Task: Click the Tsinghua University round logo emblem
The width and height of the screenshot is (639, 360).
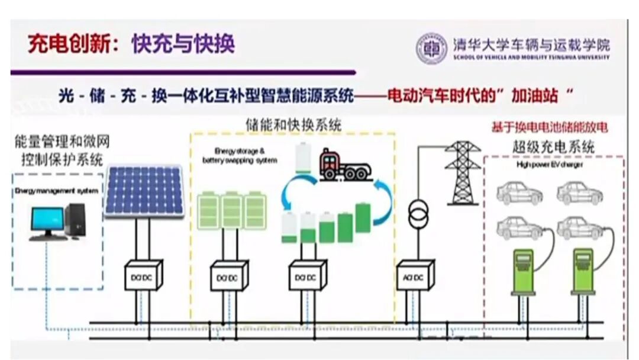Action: pyautogui.click(x=431, y=49)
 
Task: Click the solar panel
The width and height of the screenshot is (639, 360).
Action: pyautogui.click(x=144, y=191)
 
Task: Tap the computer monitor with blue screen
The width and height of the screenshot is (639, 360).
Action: pyautogui.click(x=47, y=221)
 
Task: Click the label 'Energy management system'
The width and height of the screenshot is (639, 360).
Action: pyautogui.click(x=57, y=191)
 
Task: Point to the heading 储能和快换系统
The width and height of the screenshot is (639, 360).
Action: pyautogui.click(x=293, y=125)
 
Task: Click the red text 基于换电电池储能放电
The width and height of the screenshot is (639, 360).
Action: pyautogui.click(x=550, y=127)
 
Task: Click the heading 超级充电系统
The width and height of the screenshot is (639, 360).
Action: pyautogui.click(x=553, y=146)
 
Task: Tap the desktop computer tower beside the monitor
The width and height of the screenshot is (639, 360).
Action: pyautogui.click(x=76, y=220)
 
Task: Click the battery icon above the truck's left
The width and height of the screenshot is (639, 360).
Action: pyautogui.click(x=302, y=157)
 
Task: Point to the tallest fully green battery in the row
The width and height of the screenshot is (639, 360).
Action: pyautogui.click(x=362, y=218)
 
